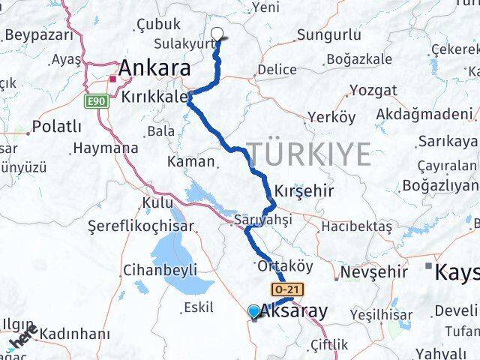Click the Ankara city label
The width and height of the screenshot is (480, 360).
pos(154,67)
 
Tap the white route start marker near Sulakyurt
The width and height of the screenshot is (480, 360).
pos(218,34)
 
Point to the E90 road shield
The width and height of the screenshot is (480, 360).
pos(94,100)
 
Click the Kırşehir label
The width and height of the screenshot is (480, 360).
pos(304,190)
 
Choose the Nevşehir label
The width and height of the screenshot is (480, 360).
pos(374,272)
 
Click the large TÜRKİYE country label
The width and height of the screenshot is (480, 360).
pos(308,154)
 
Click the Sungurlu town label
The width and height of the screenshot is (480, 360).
pos(324,34)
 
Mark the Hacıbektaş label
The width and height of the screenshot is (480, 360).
pos(356,226)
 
